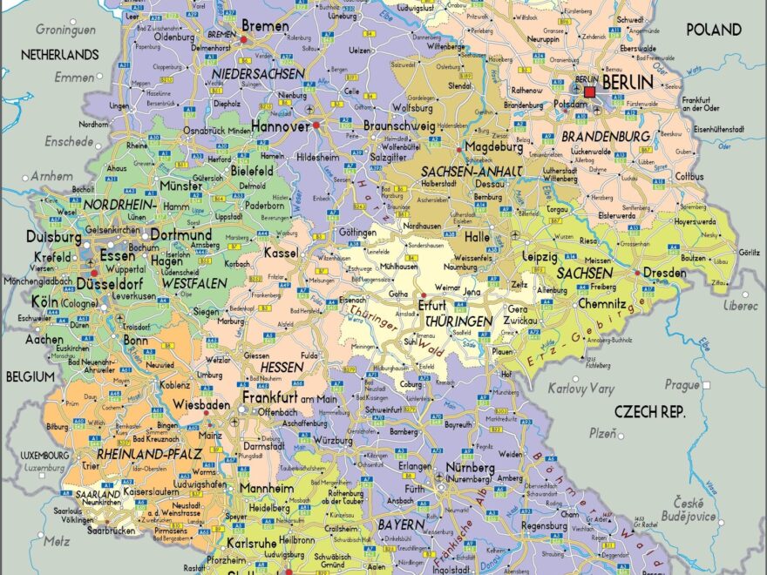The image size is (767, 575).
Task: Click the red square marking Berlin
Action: tap(590, 91)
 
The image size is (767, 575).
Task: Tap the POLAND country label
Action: tap(714, 29)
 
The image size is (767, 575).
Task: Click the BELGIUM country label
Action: tap(30, 376)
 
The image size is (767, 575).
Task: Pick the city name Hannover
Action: tap(280, 125)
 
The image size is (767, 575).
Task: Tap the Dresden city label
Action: tap(666, 273)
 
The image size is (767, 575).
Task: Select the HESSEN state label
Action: tap(282, 367)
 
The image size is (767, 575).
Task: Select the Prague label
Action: tap(682, 384)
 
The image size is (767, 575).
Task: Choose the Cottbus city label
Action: tap(688, 176)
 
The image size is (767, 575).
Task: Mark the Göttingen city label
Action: tap(357, 233)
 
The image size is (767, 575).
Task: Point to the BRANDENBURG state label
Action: tap(605, 137)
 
